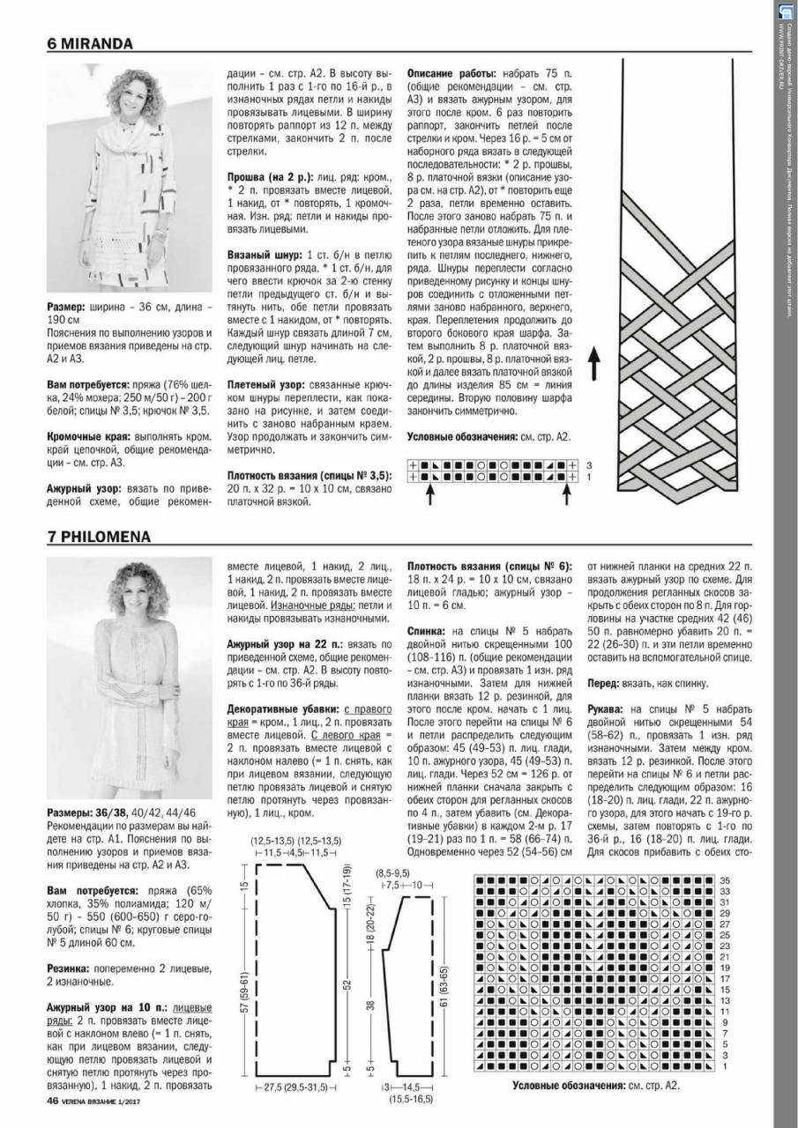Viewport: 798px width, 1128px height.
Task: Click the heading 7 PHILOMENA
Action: pos(100,536)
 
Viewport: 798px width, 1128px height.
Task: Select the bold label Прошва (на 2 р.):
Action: pos(264,177)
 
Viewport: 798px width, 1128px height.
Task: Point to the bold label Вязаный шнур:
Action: pos(258,254)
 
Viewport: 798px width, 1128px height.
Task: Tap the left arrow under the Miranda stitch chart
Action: pos(429,496)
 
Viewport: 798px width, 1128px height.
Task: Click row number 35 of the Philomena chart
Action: pos(725,880)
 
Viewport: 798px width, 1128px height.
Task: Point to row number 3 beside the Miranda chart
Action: pos(588,464)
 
